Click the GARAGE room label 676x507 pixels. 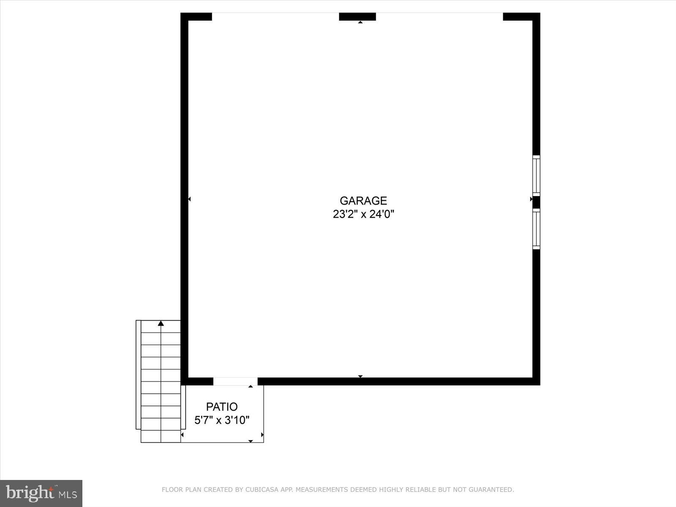click(363, 201)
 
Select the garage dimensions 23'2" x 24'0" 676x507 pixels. click(363, 214)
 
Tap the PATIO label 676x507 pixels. click(222, 407)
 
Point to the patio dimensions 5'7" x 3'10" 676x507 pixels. click(222, 420)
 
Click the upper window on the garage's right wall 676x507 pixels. click(536, 175)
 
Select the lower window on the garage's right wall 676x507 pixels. click(536, 229)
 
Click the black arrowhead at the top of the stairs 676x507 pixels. click(161, 323)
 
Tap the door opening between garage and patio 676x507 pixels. click(235, 382)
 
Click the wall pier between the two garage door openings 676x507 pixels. click(357, 16)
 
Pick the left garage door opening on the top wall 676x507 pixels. click(275, 16)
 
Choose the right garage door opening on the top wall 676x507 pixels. click(439, 16)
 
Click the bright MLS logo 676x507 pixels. click(41, 493)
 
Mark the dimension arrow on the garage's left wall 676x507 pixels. click(189, 199)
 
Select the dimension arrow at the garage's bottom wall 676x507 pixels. click(360, 376)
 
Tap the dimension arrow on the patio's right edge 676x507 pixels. click(262, 434)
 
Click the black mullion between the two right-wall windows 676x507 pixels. click(536, 202)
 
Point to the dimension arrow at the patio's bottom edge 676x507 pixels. click(251, 441)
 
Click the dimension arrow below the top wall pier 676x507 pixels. click(360, 22)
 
